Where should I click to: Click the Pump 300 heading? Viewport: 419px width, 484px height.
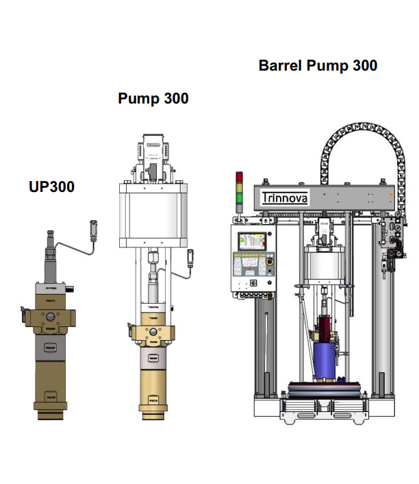coord(153,99)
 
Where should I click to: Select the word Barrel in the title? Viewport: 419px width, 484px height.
coord(281,66)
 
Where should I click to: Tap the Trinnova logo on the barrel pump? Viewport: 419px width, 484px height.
coord(285,198)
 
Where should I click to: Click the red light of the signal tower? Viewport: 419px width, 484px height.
coord(239,177)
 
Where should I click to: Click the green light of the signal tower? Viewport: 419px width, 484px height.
coord(239,199)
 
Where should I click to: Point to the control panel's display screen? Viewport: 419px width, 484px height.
coord(250,241)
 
